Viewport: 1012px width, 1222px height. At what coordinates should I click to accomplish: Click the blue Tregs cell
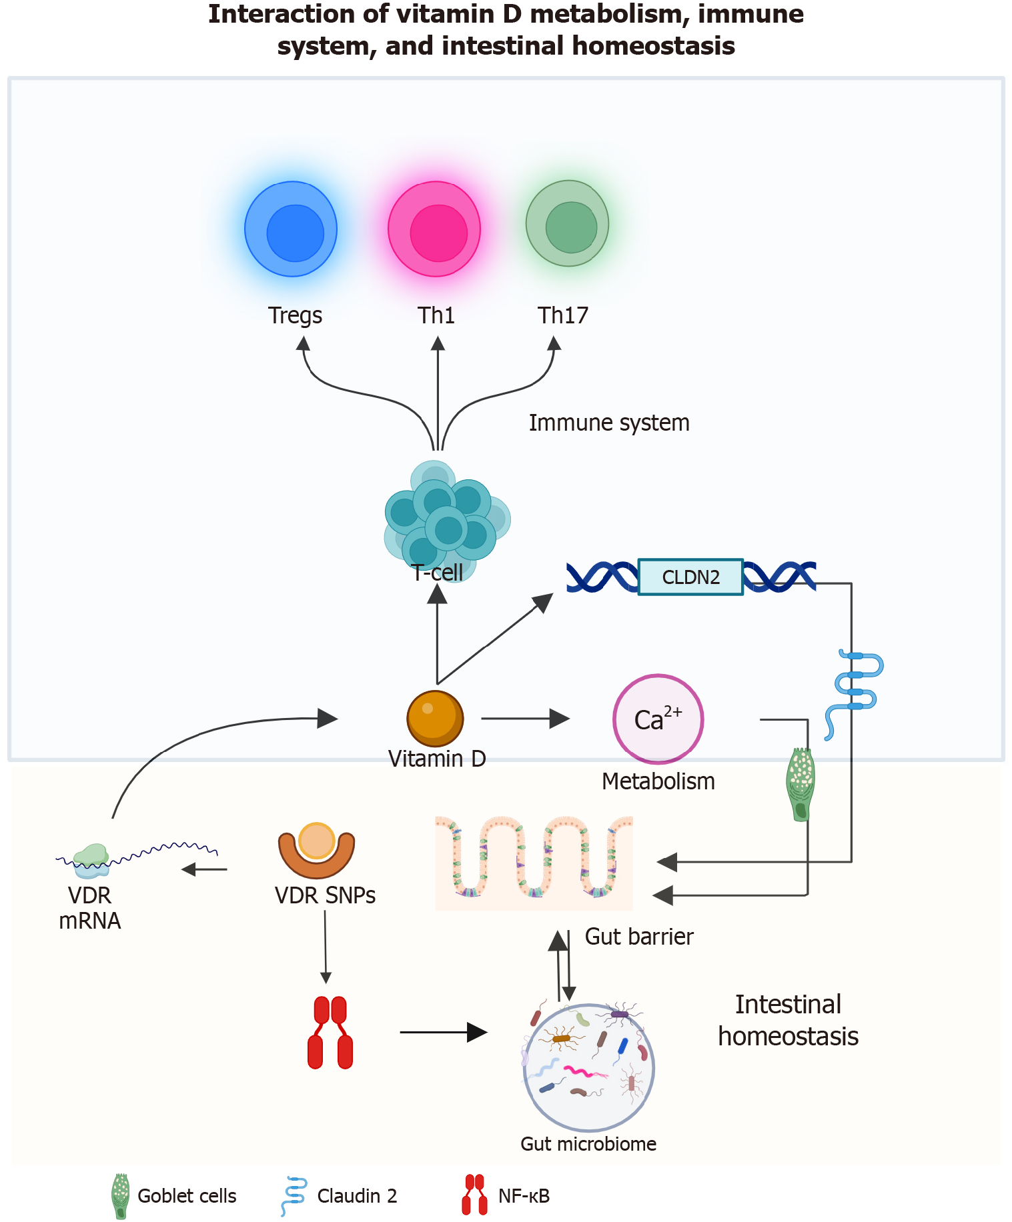pyautogui.click(x=291, y=229)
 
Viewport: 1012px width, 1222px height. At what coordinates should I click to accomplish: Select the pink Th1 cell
pyautogui.click(x=434, y=229)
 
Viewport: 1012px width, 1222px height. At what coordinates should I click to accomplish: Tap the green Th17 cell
pyautogui.click(x=568, y=224)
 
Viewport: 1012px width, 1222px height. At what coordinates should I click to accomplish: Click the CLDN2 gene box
pyautogui.click(x=690, y=577)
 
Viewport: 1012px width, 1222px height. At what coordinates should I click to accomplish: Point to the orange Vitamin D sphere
pyautogui.click(x=435, y=719)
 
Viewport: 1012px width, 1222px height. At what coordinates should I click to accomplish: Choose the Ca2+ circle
pyautogui.click(x=658, y=719)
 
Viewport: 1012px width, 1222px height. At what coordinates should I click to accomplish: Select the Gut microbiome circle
pyautogui.click(x=589, y=1067)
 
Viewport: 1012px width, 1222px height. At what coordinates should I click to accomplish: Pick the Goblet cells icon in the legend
pyautogui.click(x=121, y=1196)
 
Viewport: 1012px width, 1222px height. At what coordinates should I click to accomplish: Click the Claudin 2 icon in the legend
pyautogui.click(x=294, y=1196)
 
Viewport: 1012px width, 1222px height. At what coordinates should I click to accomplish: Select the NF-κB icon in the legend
pyautogui.click(x=474, y=1195)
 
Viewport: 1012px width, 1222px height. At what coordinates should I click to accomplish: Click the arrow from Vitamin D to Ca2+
pyautogui.click(x=524, y=719)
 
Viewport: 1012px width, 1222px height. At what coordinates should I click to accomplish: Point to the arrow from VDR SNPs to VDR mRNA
pyautogui.click(x=205, y=869)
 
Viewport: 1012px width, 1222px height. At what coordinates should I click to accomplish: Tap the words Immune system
pyautogui.click(x=609, y=423)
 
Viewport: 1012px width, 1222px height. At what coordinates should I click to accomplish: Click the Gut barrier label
pyautogui.click(x=639, y=937)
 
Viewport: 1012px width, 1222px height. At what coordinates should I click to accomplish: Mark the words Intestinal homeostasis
pyautogui.click(x=788, y=1021)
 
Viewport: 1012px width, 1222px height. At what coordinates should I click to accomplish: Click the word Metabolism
pyautogui.click(x=658, y=781)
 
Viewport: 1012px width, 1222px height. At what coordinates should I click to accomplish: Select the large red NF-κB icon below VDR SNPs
pyautogui.click(x=330, y=1033)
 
